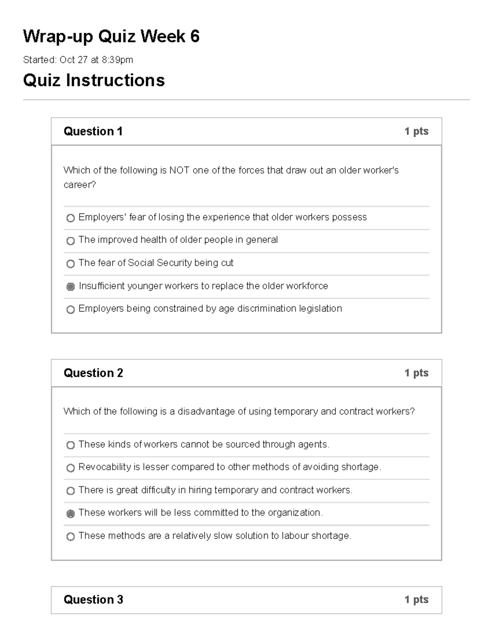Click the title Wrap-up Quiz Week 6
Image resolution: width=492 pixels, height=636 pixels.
pos(111,36)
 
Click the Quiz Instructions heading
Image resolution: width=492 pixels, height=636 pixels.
pos(94,80)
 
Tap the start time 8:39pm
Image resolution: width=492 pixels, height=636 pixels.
pos(117,60)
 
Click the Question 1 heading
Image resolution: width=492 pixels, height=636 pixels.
pos(93,131)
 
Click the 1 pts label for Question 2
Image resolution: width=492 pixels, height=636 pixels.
pos(416,373)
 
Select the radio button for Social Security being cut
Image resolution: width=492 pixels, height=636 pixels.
pos(71,264)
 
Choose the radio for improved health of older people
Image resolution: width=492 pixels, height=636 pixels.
pos(71,241)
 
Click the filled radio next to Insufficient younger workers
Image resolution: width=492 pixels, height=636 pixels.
pos(71,287)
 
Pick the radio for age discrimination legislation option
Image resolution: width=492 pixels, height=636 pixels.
pos(71,310)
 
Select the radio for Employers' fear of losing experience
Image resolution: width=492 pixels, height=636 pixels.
pos(71,218)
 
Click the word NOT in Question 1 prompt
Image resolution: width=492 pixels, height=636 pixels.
pos(179,170)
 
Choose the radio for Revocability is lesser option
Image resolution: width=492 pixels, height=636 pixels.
pos(71,468)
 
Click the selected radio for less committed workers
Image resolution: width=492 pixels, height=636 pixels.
pos(71,514)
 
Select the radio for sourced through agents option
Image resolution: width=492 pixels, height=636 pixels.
pos(71,445)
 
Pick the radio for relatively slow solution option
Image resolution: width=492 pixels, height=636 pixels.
pos(71,536)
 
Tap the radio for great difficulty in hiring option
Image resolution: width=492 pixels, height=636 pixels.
pos(71,491)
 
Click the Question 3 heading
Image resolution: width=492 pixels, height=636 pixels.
pos(93,600)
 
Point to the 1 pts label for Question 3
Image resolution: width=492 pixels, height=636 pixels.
pos(416,600)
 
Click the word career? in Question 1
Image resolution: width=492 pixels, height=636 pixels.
pos(80,185)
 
